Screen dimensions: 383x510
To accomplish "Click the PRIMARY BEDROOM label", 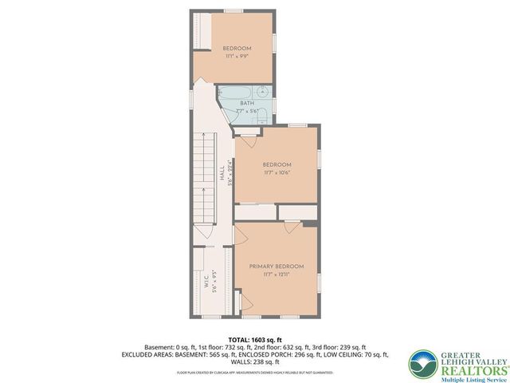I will click(276, 266).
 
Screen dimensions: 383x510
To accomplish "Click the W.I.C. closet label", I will click(206, 282).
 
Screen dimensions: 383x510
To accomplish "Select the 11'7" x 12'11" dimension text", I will click(276, 274).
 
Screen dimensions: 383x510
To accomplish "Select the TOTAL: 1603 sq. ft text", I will click(254, 339).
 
